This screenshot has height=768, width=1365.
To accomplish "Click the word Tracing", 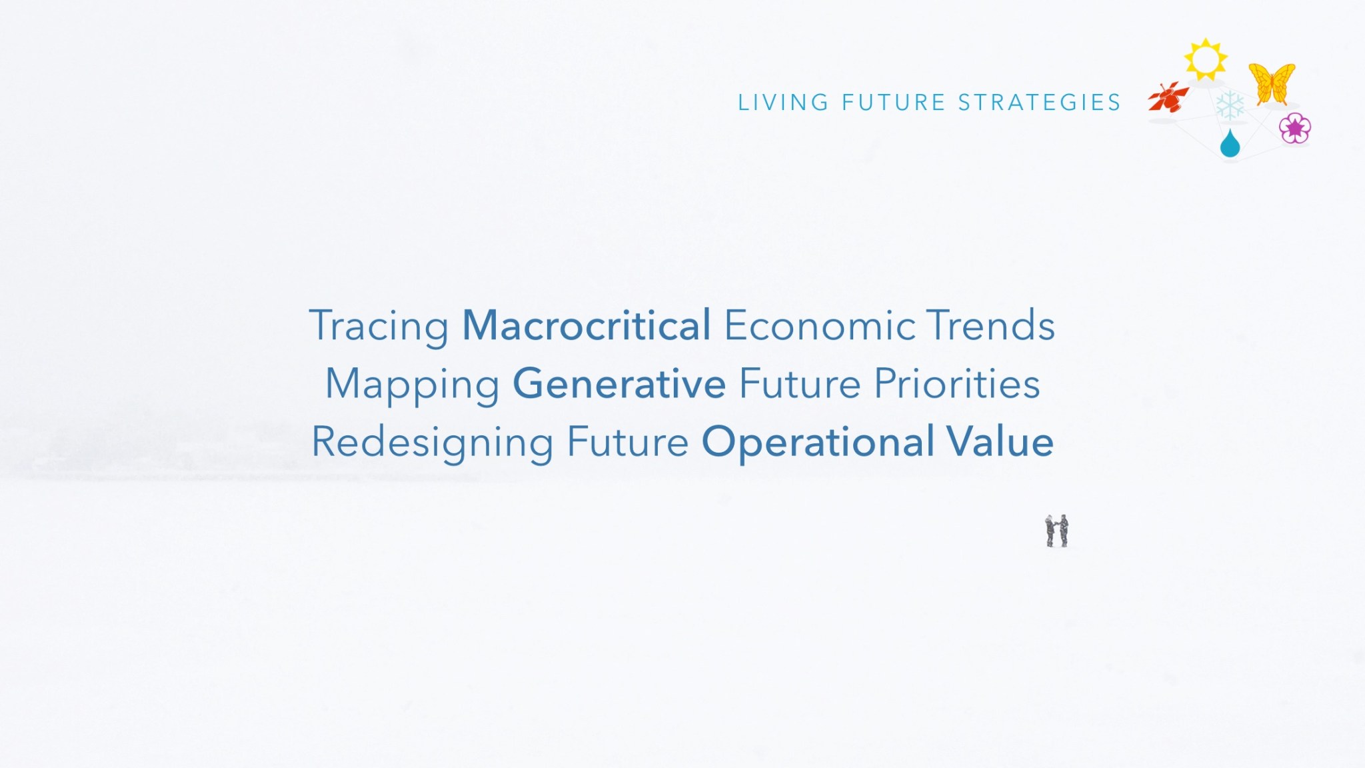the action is click(379, 327).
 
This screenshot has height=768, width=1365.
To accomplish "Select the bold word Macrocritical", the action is click(587, 325).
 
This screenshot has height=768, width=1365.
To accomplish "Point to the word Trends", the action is click(991, 325).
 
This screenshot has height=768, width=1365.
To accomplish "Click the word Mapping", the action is click(412, 385).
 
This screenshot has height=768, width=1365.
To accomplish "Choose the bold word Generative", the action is click(619, 384).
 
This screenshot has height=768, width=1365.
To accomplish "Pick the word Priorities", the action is click(957, 384).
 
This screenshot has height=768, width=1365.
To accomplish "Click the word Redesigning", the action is click(433, 443).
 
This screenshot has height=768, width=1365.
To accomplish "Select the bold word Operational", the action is click(818, 443).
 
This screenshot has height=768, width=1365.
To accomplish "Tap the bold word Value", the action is click(1000, 442).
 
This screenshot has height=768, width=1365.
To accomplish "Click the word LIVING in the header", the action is click(783, 103).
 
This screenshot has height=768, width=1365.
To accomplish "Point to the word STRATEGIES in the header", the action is click(1040, 103).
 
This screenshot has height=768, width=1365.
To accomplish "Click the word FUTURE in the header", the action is click(893, 103).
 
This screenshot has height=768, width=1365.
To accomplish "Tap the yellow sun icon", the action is click(1206, 59).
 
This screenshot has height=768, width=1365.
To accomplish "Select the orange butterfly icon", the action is click(1272, 83).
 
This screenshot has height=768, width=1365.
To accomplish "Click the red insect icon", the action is click(1168, 97).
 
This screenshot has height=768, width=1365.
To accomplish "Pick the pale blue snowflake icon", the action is click(1230, 105).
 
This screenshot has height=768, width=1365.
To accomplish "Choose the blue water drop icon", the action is click(1230, 144).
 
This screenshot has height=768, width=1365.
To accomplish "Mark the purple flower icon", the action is click(1295, 128).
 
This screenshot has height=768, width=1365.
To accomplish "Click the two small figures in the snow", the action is click(1057, 531).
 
